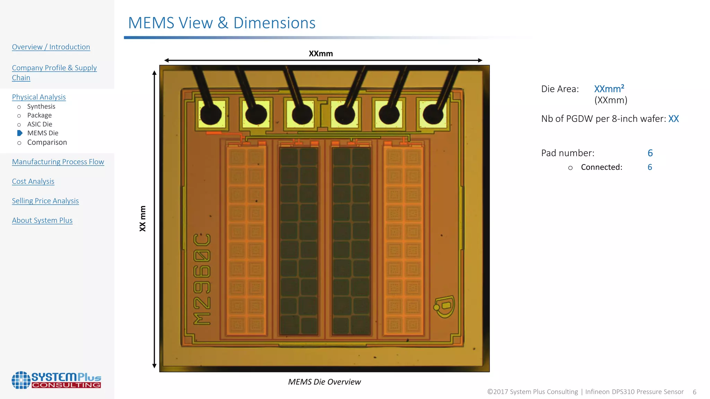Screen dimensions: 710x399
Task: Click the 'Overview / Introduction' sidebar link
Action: coord(51,47)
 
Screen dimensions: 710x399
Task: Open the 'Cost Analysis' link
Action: coord(33,181)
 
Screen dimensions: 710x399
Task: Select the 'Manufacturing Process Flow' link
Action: coord(58,162)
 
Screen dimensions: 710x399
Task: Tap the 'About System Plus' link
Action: coord(42,220)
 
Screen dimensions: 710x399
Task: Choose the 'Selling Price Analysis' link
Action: coord(45,201)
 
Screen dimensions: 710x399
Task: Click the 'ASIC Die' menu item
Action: coord(40,124)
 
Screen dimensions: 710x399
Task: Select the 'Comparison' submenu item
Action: coord(47,142)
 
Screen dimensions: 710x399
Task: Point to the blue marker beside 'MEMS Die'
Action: coord(20,133)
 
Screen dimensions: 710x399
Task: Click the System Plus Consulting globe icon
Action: coord(21,380)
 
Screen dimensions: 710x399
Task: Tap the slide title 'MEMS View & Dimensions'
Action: coord(222,23)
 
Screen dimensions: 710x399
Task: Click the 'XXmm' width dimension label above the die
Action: coord(321,54)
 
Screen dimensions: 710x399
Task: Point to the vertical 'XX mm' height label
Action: coord(142,219)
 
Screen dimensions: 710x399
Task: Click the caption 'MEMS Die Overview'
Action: coord(324,382)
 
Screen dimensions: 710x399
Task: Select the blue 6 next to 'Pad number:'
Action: coord(650,153)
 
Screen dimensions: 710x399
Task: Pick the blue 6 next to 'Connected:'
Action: coord(650,167)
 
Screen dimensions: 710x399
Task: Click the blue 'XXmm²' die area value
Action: coord(609,89)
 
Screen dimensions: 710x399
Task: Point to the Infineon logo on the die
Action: coord(444,306)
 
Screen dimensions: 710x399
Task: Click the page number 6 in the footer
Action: coord(694,392)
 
